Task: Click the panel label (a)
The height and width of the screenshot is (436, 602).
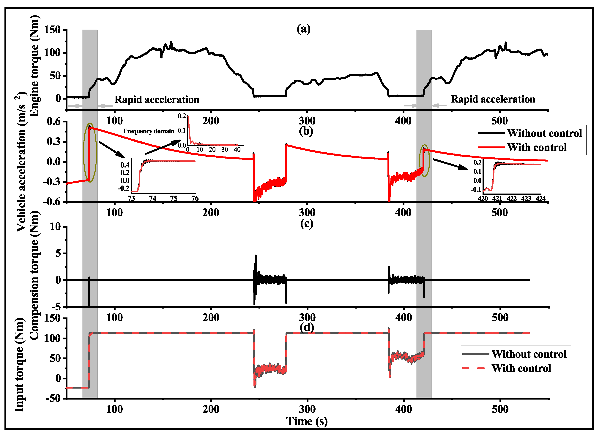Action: click(x=303, y=29)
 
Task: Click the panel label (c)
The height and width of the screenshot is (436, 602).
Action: click(x=307, y=223)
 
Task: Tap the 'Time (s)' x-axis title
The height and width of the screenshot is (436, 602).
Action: click(x=307, y=421)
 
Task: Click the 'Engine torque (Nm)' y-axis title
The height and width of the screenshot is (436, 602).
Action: click(x=34, y=66)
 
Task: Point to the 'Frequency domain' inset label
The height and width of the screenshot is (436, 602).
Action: click(x=149, y=131)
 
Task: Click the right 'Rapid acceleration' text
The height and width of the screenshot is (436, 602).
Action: click(x=493, y=99)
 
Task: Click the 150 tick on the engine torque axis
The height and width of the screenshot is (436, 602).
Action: click(x=52, y=30)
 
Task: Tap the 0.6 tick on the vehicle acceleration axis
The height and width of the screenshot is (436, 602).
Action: click(x=54, y=122)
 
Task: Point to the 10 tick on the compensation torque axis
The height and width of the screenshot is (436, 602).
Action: click(x=55, y=227)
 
